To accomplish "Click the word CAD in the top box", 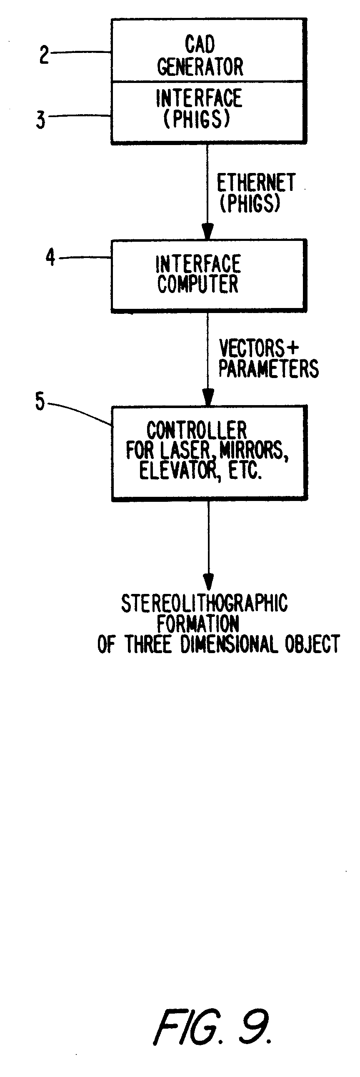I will pos(200,44).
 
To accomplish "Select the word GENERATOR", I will pos(200,67).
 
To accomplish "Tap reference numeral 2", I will pos(44,55).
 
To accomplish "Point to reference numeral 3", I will pos(40,120).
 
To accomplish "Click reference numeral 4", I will pos(50,257).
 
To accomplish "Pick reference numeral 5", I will pos(40,401).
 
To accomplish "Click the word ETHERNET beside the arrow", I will pos(256,183).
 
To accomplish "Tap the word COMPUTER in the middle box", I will pos(198,284).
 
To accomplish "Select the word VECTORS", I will pos(252,348).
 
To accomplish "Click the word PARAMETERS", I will pos(268,368).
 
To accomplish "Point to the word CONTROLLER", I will pos(197,430).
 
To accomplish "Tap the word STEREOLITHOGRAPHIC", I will pos(205,603).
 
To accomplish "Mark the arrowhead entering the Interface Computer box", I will pos(208,232).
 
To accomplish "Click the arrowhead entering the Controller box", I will pos(208,398).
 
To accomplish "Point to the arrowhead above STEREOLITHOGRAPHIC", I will pos(208,582).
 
